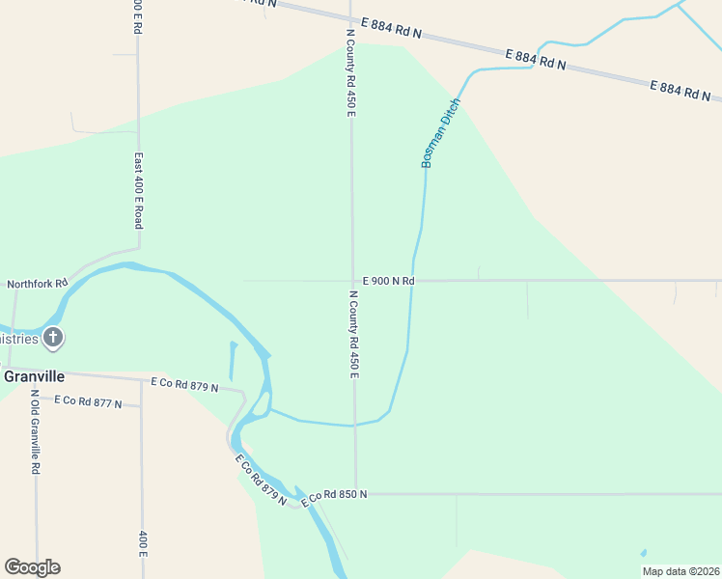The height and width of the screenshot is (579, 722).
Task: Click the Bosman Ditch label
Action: [x=441, y=133]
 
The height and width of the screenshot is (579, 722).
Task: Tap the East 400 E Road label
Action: [x=138, y=190]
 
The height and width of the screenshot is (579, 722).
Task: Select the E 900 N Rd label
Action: [x=388, y=281]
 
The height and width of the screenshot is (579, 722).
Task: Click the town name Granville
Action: [x=34, y=375]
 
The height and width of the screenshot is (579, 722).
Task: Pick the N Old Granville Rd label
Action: [x=36, y=431]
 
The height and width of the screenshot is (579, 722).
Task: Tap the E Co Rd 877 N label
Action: [x=88, y=400]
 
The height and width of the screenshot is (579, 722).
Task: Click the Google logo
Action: [x=32, y=567]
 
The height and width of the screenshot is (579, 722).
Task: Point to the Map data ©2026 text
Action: [x=680, y=571]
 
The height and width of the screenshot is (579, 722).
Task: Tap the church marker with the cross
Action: [x=53, y=338]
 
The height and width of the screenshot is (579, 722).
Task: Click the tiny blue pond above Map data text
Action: [x=643, y=554]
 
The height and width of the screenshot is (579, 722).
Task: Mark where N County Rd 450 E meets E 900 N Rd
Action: [x=351, y=281]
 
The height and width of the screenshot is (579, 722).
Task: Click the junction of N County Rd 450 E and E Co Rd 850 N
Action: [x=354, y=494]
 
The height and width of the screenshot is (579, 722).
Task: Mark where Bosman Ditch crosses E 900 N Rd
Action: [x=414, y=281]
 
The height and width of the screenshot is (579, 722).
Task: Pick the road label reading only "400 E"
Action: [x=142, y=543]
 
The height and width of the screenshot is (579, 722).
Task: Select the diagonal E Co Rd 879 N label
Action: [x=262, y=478]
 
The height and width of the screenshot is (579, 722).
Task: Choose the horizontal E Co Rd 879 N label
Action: [x=184, y=385]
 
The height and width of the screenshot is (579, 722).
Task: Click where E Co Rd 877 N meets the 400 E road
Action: [x=141, y=404]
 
